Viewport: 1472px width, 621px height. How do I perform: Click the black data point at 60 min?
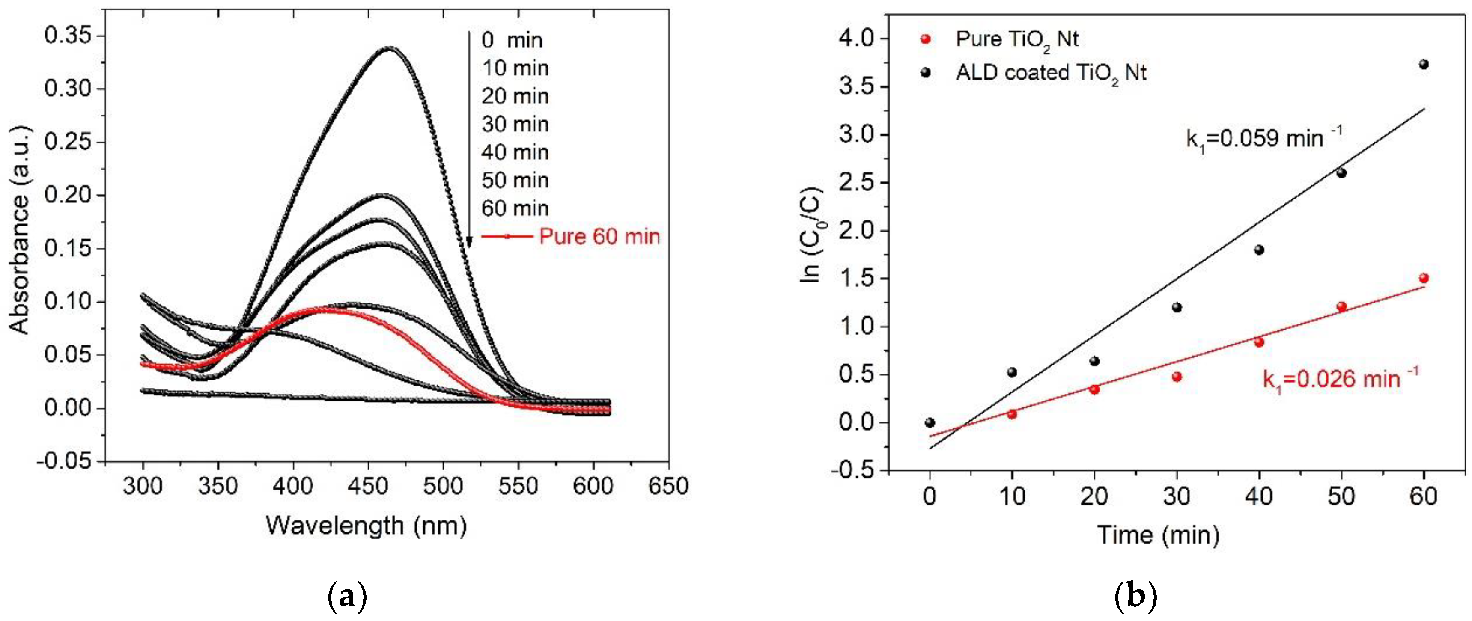point(1424,64)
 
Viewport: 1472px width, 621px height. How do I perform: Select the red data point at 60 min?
point(1424,278)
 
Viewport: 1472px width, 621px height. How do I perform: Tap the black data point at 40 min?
point(1259,250)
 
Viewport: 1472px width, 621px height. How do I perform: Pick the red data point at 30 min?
point(1177,377)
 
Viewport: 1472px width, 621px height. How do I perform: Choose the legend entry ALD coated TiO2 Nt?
point(1050,73)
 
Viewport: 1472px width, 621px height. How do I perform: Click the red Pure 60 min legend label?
point(599,236)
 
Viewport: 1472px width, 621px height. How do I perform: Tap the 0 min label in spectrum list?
point(511,40)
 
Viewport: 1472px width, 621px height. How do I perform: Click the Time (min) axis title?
point(1158,535)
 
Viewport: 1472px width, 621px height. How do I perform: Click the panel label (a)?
point(347,597)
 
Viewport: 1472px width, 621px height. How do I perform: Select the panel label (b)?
point(1136,597)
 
